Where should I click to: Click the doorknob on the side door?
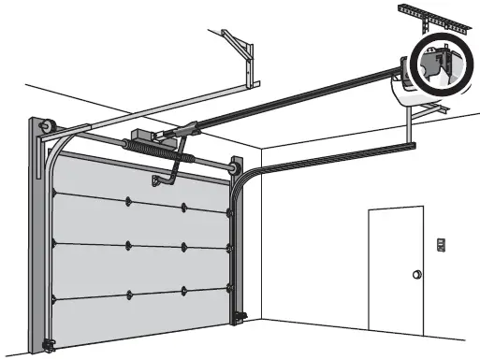[x=413, y=274]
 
